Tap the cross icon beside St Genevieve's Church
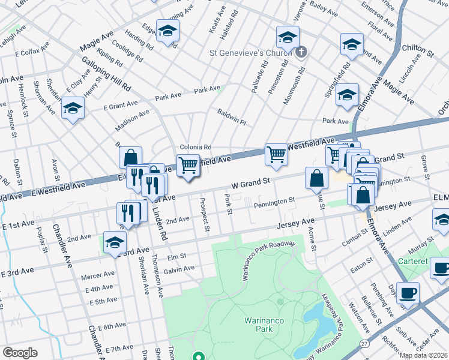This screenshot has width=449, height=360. [x=301, y=53]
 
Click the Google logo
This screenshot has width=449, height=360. [x=20, y=353]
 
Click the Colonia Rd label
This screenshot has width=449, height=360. [x=196, y=147]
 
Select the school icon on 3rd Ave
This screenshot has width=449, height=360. [x=114, y=242]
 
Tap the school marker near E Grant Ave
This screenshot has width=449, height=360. [x=73, y=108]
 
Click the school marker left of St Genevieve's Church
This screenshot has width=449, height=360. [x=167, y=30]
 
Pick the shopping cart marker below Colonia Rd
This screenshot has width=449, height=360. [x=188, y=165]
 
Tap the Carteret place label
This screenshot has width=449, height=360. [x=412, y=262]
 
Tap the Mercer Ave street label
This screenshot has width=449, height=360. [x=100, y=275]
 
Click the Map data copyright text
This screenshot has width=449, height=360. [x=424, y=355]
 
